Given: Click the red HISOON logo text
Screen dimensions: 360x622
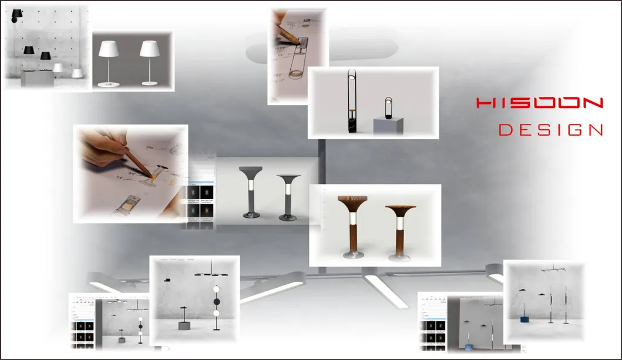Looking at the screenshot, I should click(539, 103).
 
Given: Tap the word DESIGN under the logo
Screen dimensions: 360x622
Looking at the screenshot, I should click(550, 130).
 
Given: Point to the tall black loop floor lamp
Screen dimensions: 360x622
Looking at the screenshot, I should click(351, 102).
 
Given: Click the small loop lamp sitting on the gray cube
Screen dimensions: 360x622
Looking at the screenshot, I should click(388, 107).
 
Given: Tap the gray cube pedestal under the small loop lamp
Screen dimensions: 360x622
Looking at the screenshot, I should click(388, 125).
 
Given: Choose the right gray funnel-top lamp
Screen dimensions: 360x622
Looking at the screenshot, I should click(288, 194).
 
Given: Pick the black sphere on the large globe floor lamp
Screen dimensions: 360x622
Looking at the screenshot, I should click(216, 301).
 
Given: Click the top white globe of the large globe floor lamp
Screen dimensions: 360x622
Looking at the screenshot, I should click(216, 290).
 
